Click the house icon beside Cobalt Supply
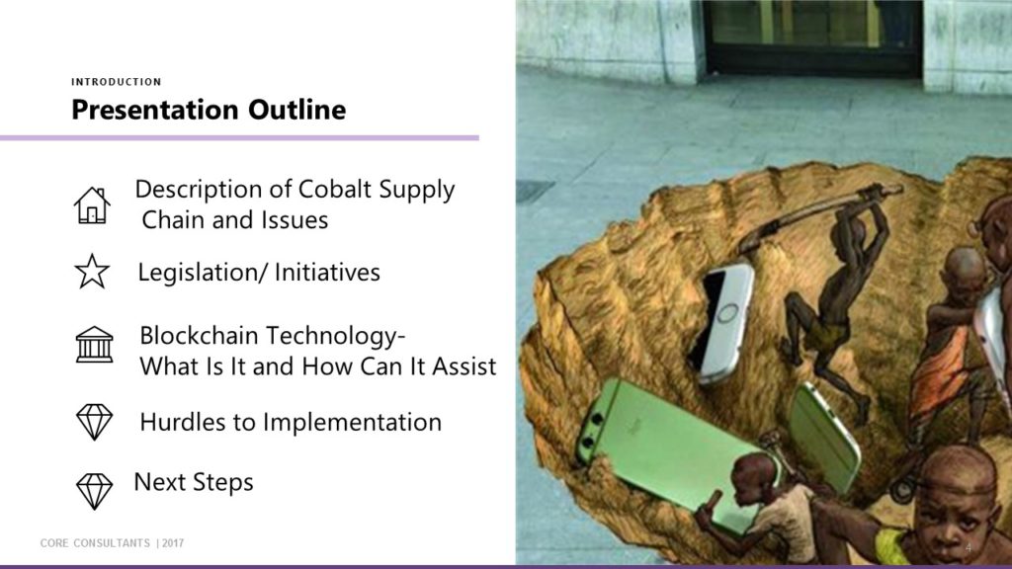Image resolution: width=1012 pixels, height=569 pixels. click(x=92, y=205)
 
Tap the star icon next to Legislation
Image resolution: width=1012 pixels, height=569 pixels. click(x=92, y=272)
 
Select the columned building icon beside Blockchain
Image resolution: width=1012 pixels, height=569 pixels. click(x=94, y=344)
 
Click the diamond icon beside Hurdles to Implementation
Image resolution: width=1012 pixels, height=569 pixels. click(x=94, y=422)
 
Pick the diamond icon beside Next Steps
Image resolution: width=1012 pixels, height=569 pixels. click(x=94, y=491)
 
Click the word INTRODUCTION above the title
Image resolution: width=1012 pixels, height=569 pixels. click(x=117, y=82)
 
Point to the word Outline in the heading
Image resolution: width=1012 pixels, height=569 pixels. click(x=296, y=110)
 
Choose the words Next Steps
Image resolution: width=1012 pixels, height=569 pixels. click(x=194, y=482)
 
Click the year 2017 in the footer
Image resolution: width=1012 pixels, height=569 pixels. click(x=173, y=543)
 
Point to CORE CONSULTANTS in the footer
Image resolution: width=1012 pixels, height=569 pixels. click(x=95, y=543)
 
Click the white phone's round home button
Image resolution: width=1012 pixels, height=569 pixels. click(x=727, y=313)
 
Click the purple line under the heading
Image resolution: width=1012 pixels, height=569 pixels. click(x=239, y=137)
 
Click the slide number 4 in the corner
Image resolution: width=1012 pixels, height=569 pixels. click(x=969, y=547)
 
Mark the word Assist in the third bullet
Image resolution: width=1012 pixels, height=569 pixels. click(x=464, y=366)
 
